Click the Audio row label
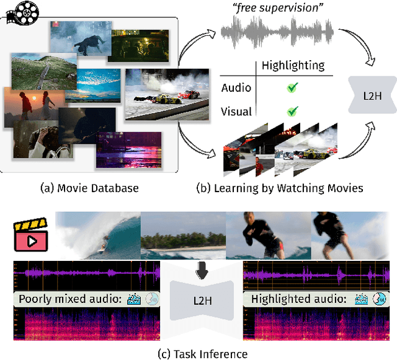pos(236,88)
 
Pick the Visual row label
pos(236,112)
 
